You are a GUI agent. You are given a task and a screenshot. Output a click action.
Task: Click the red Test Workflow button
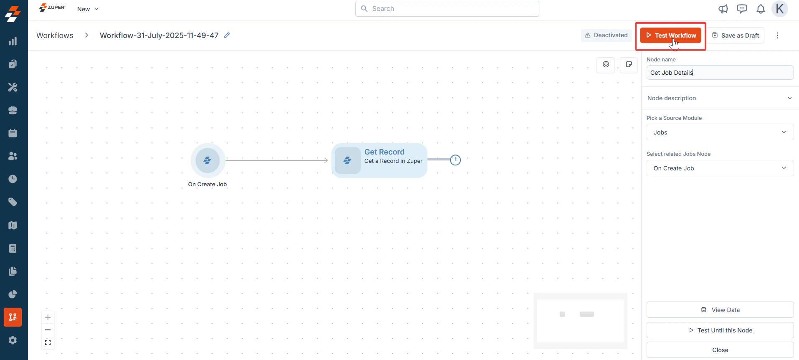(670, 35)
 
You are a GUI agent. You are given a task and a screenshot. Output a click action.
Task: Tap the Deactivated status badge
(606, 35)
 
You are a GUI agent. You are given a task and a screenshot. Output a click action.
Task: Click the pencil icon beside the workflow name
(227, 35)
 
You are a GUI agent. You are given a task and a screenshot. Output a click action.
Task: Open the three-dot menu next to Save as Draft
(777, 35)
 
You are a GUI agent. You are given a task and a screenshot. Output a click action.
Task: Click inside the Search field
(447, 9)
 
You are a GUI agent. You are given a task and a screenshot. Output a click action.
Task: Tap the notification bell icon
(761, 9)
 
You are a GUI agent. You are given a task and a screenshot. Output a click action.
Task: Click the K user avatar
(780, 9)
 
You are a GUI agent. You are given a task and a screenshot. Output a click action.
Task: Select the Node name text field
(720, 73)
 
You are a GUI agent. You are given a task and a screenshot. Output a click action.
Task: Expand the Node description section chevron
(789, 98)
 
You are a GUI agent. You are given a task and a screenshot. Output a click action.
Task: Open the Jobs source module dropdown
(720, 132)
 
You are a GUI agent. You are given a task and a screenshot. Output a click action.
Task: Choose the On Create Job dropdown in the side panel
(720, 168)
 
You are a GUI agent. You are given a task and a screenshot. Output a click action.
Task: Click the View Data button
(720, 310)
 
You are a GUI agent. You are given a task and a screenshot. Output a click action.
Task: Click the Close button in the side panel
(720, 350)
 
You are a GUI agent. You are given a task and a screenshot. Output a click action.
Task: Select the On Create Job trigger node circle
(207, 160)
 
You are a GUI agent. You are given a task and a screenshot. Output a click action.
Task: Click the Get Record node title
(384, 152)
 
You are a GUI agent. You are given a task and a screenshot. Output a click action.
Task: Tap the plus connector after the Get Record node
(455, 160)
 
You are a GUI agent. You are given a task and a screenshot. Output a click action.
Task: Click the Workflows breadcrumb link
(55, 35)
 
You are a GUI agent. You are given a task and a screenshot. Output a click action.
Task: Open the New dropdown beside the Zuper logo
(88, 9)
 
